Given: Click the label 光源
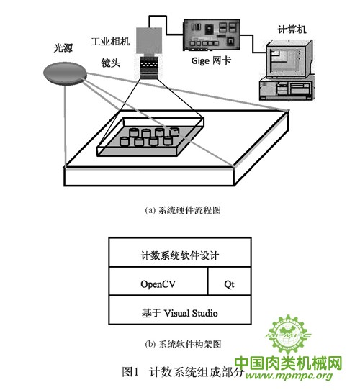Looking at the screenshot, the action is click(x=63, y=48).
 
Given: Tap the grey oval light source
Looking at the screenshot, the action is click(x=65, y=73).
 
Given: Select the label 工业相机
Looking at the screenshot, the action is click(x=110, y=41).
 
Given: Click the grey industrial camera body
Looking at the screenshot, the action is click(x=149, y=41).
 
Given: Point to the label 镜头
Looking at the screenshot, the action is click(x=111, y=63).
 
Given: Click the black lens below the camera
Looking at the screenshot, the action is click(x=149, y=68).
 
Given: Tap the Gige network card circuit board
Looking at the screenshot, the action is click(x=212, y=35).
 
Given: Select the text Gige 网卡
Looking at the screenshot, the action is click(x=211, y=60).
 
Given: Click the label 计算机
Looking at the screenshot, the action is click(x=292, y=30).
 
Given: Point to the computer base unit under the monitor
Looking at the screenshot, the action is click(x=286, y=89).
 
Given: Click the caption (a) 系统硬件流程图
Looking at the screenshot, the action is click(x=183, y=210).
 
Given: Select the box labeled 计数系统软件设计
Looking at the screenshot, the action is click(x=180, y=253).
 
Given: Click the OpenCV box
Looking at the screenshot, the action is click(x=158, y=281).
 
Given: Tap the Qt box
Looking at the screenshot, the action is click(x=229, y=281).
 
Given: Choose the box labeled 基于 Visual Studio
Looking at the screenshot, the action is click(x=180, y=310).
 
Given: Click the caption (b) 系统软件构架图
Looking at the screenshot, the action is click(x=183, y=345).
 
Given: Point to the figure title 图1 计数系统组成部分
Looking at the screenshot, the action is click(x=183, y=372).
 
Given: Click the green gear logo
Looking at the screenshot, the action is click(x=288, y=335).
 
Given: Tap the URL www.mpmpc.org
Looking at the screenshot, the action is click(x=289, y=376).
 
